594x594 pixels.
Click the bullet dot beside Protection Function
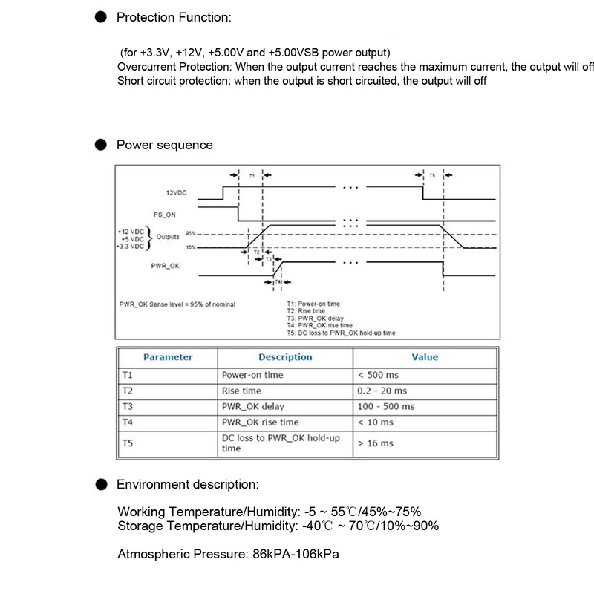pos(99,16)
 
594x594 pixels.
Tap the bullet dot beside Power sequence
pos(99,145)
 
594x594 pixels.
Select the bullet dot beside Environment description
pos(99,485)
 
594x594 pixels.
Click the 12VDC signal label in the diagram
pos(177,192)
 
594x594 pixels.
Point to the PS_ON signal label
pos(164,215)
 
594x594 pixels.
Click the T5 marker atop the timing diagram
pos(432,175)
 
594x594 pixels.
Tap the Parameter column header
pos(168,357)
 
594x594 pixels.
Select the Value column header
pos(425,357)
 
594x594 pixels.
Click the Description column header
pos(285,357)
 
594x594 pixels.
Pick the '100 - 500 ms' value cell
pos(386,407)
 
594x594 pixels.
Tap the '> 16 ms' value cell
pos(375,443)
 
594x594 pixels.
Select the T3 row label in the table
pos(127,407)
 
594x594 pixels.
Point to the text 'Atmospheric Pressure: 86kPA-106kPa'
pos(230,555)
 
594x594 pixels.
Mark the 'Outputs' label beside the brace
pos(169,236)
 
